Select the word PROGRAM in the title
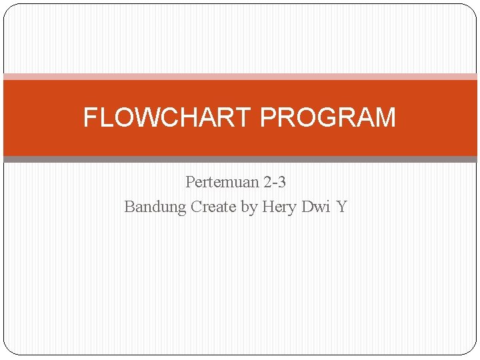pos(327,118)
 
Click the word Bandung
pos(155,207)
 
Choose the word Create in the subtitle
pos(213,207)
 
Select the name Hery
pos(279,207)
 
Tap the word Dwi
pos(315,207)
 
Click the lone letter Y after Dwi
pos(341,207)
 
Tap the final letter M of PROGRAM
pos(385,118)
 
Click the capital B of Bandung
pos(130,207)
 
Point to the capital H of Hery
pos(268,207)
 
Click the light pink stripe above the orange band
pos(240,77)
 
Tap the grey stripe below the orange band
pos(240,159)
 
